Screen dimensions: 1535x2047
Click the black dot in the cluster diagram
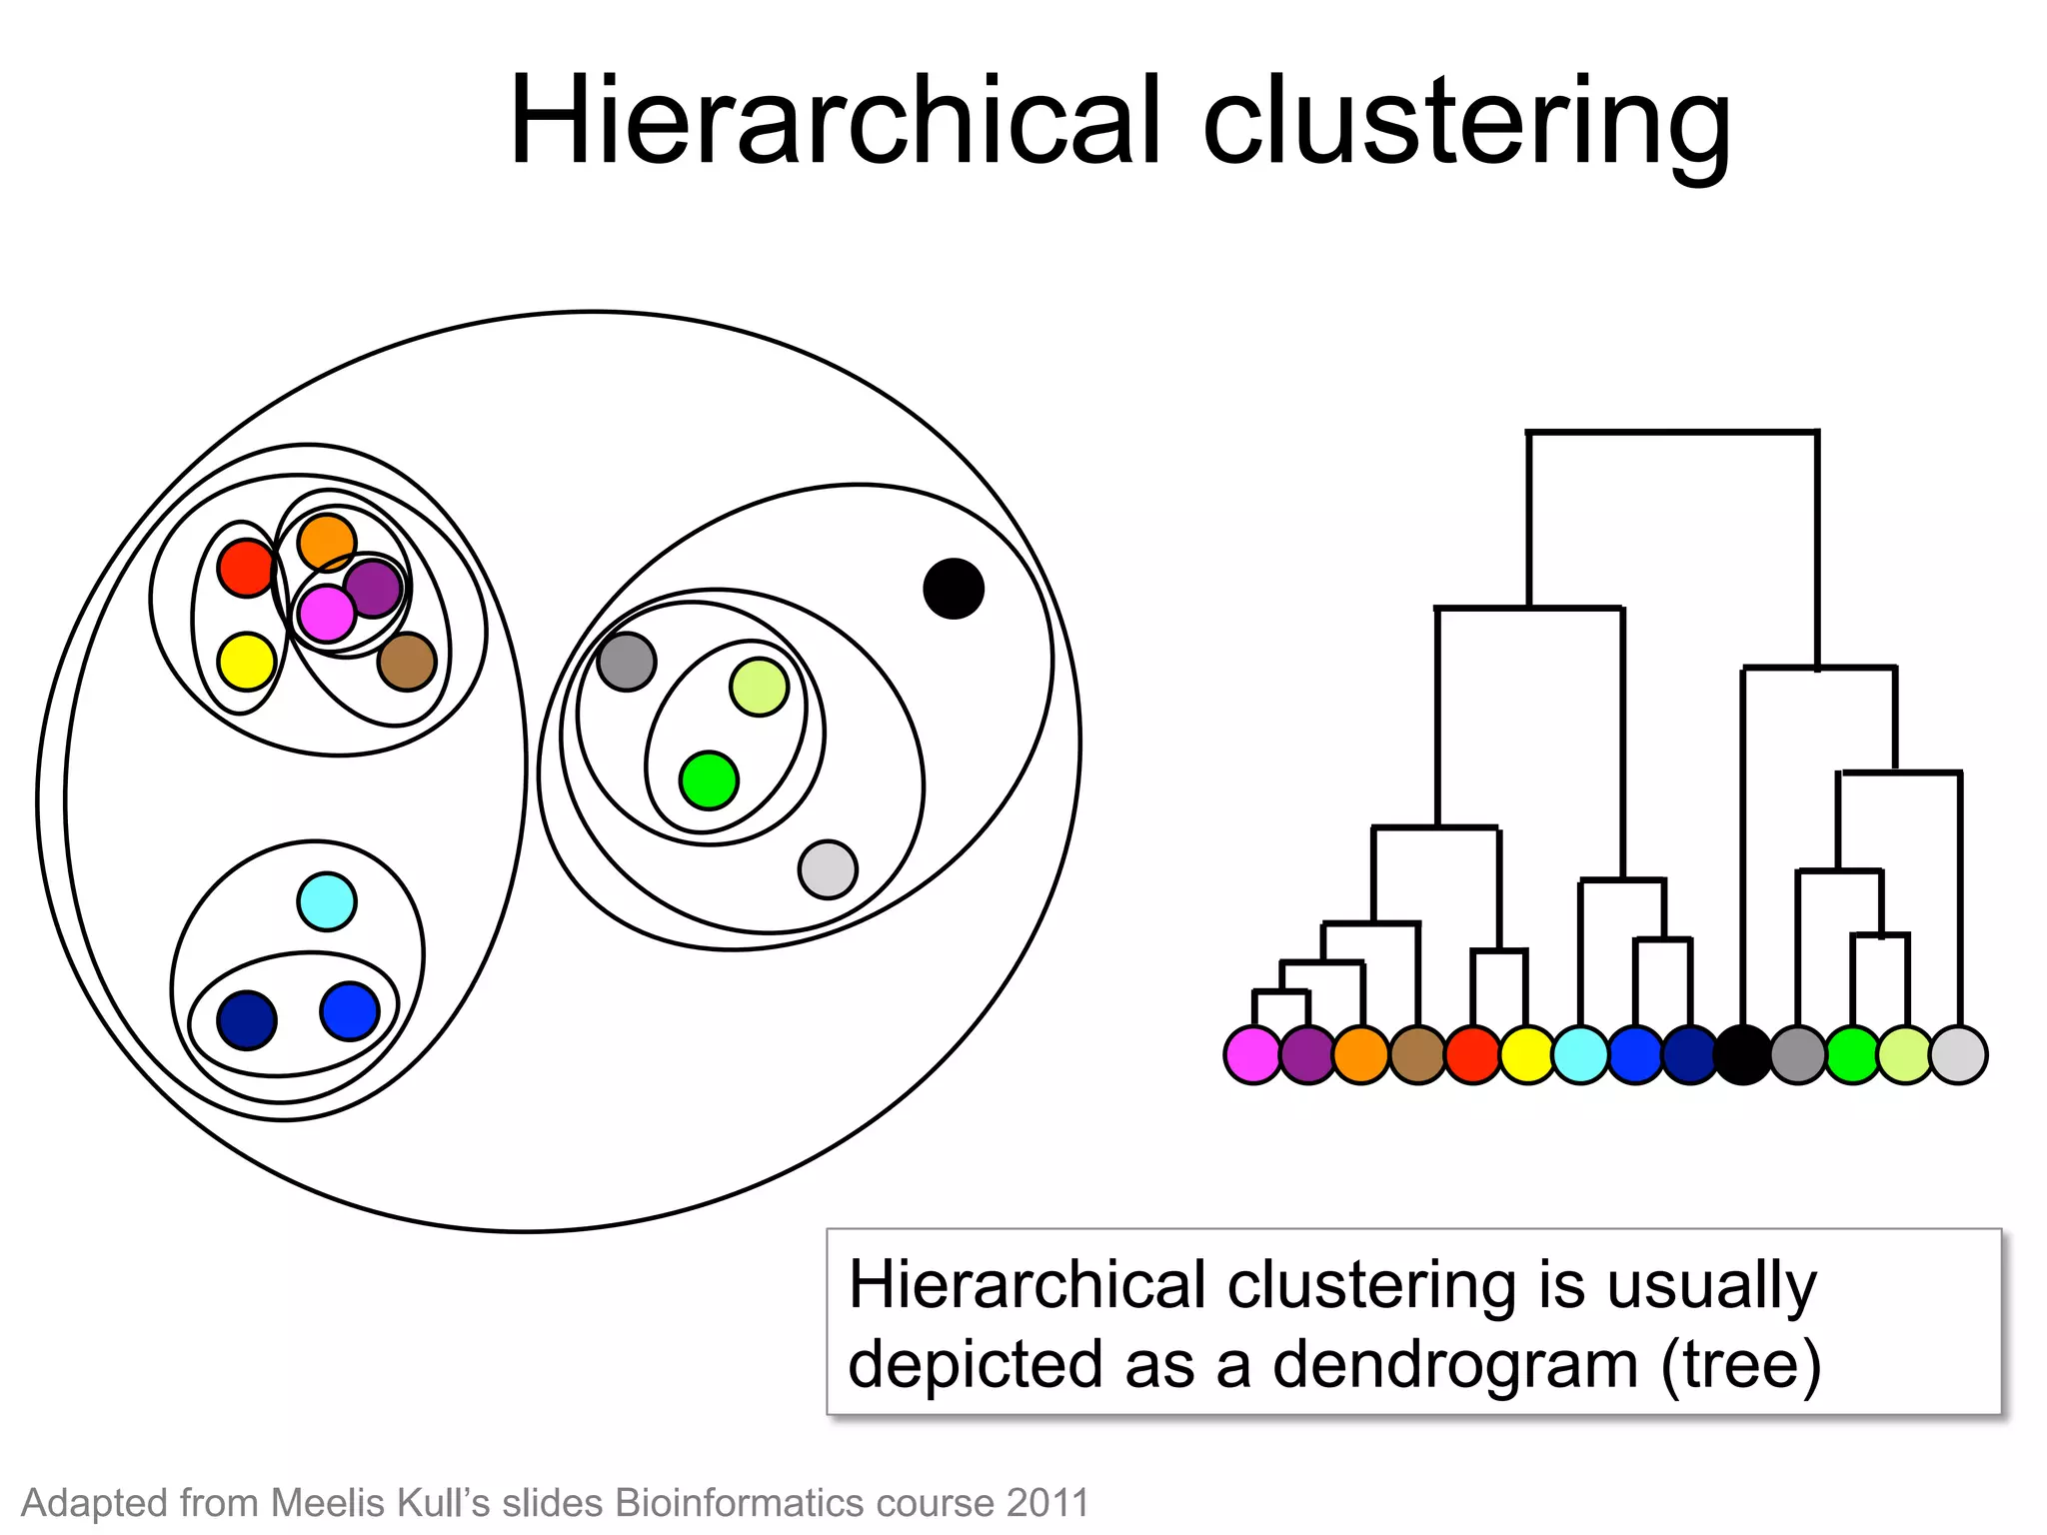[953, 589]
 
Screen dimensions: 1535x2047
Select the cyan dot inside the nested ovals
[327, 901]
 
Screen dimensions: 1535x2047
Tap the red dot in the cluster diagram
[246, 568]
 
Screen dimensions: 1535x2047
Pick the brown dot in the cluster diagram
[407, 661]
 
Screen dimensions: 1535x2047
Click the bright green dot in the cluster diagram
[709, 780]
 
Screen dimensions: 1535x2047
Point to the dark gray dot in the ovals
[627, 661]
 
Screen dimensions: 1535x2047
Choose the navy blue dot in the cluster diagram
[246, 1020]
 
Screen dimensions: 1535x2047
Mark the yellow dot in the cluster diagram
[246, 661]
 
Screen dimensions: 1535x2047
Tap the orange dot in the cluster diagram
[327, 543]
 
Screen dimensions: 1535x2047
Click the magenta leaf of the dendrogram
[1253, 1054]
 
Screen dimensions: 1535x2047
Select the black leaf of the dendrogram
[1743, 1054]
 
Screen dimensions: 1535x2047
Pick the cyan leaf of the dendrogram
[1580, 1054]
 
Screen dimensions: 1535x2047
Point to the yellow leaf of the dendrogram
[1526, 1054]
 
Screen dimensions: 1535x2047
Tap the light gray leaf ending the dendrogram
[1959, 1054]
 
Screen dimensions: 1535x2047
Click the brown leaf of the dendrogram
[1417, 1054]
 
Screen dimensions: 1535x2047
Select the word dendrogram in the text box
[1454, 1364]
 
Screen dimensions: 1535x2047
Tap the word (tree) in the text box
[1741, 1364]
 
